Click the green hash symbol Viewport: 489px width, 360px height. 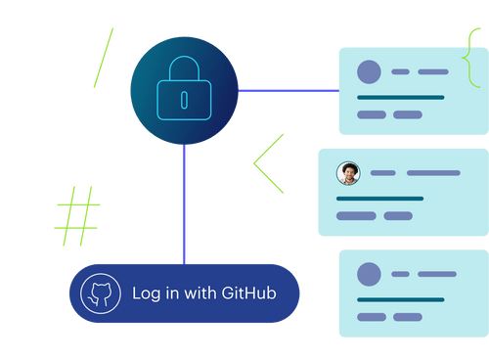point(77,216)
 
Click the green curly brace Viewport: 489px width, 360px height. point(472,56)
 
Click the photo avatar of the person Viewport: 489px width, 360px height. point(348,173)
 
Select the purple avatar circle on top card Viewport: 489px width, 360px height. point(369,71)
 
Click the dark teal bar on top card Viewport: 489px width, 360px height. point(401,98)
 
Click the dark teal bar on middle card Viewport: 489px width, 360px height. point(379,199)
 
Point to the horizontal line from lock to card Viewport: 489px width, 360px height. point(288,89)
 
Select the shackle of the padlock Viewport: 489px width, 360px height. point(184,71)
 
